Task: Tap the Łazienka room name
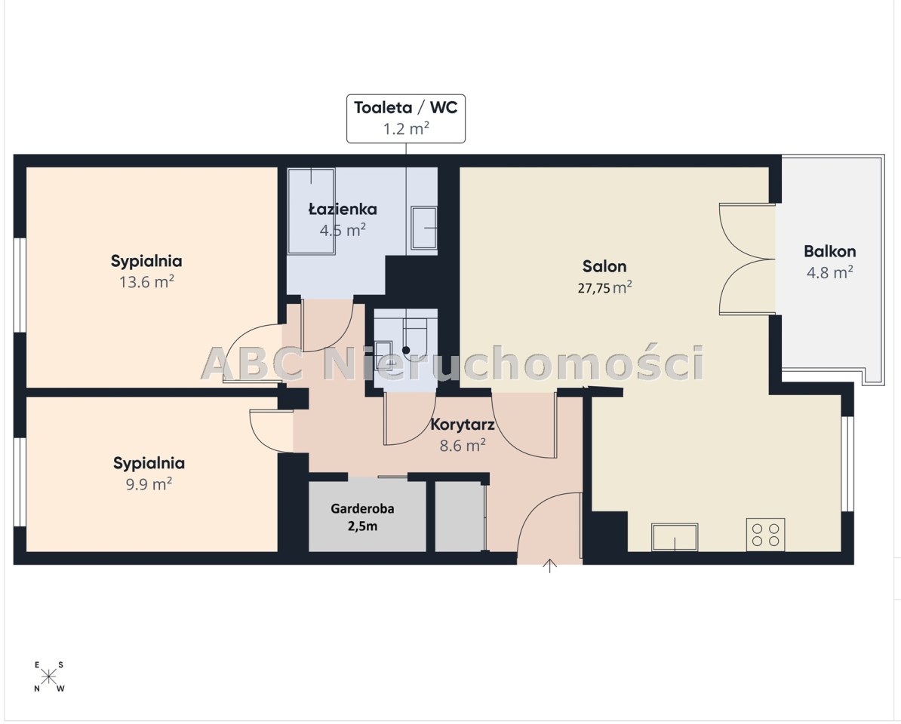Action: tap(343, 209)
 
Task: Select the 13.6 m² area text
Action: tap(146, 282)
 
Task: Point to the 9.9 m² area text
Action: tap(149, 484)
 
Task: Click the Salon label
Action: tap(604, 266)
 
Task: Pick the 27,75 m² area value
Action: tap(604, 287)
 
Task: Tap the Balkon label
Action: tap(830, 251)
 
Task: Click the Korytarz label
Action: tap(463, 425)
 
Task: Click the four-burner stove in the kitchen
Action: tap(765, 535)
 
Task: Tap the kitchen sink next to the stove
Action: tap(675, 537)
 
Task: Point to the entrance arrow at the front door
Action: tap(550, 566)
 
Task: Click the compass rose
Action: tap(49, 677)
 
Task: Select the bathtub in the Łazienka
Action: tap(311, 210)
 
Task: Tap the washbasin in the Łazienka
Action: tap(424, 228)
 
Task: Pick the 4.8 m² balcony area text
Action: tap(830, 272)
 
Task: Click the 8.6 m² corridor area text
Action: tap(463, 445)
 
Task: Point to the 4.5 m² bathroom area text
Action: tap(343, 230)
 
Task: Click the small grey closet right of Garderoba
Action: tap(459, 516)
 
